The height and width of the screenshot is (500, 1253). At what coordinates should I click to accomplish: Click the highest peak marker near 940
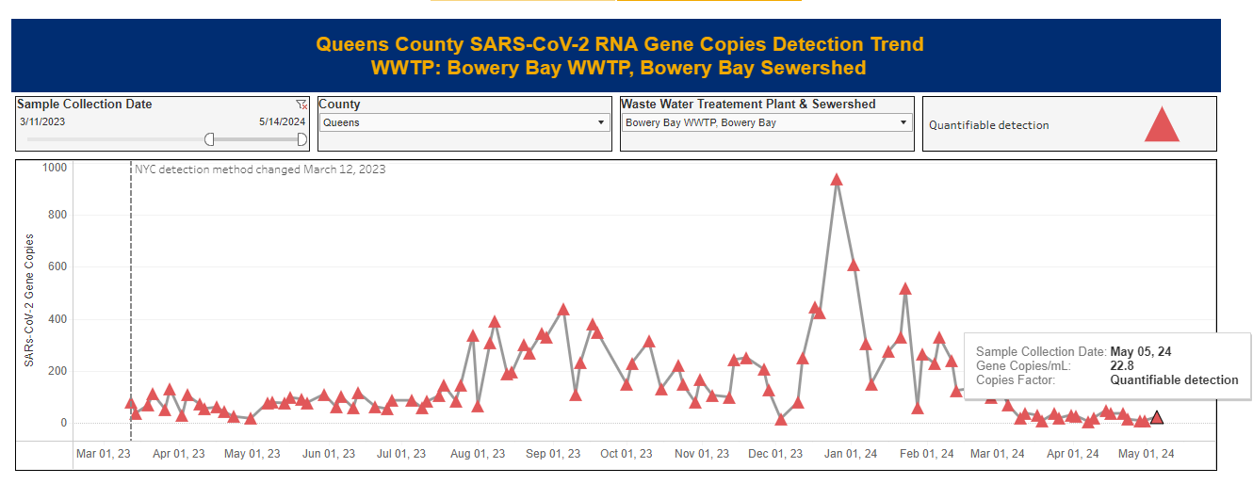point(836,180)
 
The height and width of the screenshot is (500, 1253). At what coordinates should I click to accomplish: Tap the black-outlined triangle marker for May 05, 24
point(1157,418)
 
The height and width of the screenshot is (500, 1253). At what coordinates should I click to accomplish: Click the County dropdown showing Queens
point(464,122)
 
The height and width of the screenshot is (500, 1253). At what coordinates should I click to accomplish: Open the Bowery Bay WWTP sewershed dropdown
point(767,122)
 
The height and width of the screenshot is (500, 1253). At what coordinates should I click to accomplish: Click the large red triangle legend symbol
point(1162,125)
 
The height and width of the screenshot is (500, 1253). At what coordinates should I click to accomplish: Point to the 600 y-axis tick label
point(57,266)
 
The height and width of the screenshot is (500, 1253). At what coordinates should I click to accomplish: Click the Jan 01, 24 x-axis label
point(850,454)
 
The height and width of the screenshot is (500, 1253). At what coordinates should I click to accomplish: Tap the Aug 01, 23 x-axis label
point(475,454)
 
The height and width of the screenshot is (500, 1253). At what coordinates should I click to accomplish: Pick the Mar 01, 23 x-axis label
point(102,454)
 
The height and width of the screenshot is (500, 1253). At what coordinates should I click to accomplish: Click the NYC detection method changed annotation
point(260,169)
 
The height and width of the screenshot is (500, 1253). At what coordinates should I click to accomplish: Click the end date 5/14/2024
point(282,121)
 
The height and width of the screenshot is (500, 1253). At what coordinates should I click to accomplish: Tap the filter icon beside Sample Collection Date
point(301,105)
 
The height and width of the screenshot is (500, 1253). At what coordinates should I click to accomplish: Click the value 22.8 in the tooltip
point(1122,366)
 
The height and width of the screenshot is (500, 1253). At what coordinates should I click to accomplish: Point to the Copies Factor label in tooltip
point(1017,380)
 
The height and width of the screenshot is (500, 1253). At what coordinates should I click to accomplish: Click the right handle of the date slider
point(301,139)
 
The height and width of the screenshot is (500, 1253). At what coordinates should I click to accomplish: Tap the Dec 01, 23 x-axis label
point(776,454)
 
